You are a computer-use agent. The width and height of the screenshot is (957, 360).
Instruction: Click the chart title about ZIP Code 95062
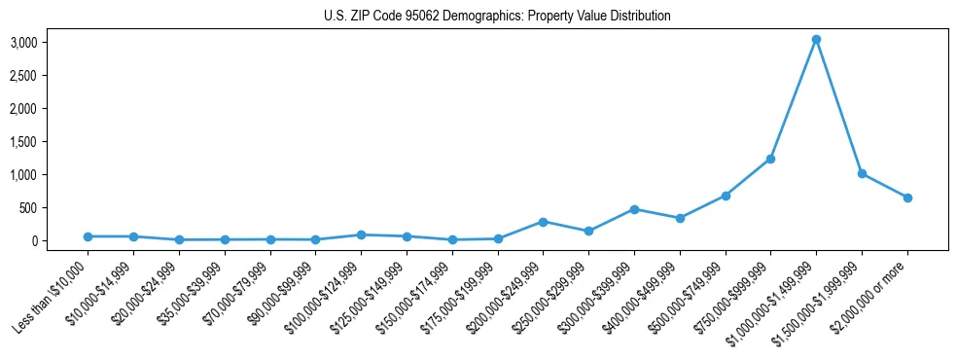click(x=497, y=17)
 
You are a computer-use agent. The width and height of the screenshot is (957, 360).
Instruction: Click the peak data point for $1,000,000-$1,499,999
click(x=816, y=39)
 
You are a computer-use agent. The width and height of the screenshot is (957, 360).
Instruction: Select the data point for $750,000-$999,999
click(x=770, y=159)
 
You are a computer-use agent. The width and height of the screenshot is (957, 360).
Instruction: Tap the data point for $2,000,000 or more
click(x=907, y=198)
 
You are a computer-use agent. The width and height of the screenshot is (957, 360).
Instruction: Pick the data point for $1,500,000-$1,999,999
click(x=862, y=173)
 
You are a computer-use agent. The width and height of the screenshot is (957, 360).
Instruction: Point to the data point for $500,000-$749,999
click(x=726, y=196)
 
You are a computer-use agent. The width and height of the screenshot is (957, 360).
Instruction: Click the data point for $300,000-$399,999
click(x=634, y=209)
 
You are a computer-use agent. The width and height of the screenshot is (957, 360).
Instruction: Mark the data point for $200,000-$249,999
click(x=543, y=222)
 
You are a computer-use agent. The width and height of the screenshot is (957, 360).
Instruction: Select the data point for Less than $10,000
click(x=88, y=236)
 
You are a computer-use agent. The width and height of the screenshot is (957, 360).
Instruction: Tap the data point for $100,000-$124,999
click(x=361, y=234)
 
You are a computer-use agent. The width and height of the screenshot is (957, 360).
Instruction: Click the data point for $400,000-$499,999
click(x=680, y=218)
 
